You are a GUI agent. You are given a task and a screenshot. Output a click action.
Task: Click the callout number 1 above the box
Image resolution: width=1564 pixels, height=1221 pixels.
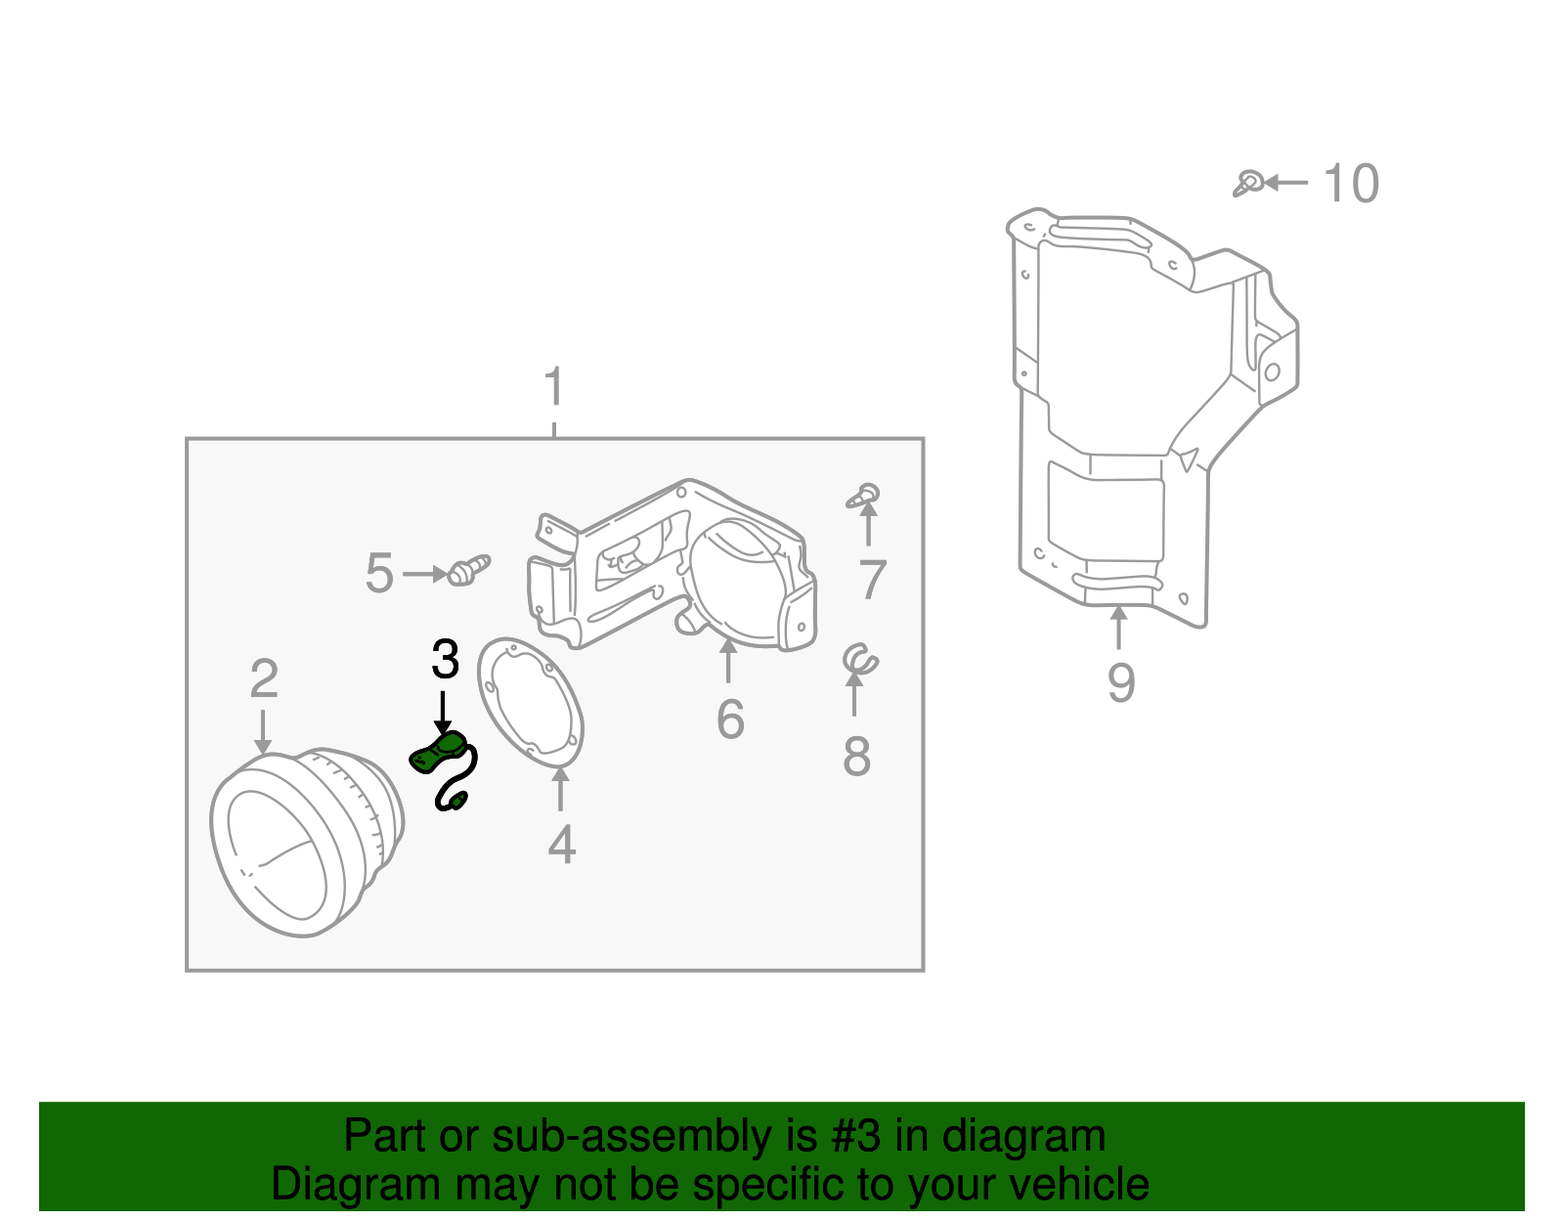554,387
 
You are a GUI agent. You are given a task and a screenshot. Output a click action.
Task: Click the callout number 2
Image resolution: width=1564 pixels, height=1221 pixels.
264,679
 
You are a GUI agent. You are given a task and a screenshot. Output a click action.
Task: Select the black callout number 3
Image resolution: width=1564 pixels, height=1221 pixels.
445,660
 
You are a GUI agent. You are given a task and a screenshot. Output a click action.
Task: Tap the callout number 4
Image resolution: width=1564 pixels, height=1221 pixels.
561,845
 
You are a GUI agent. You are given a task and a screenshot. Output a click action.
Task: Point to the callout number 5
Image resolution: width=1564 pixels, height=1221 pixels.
379,574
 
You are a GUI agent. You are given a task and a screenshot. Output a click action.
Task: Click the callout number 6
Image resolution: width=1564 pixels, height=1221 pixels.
729,720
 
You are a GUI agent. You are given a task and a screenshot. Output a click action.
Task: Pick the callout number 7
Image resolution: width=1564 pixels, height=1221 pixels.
872,580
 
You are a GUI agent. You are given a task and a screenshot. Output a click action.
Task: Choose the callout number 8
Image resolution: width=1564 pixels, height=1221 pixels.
856,757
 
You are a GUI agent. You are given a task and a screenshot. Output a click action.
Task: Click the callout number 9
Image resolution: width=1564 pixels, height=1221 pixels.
1121,682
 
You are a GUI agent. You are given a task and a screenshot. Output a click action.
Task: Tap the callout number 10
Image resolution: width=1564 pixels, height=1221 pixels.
1351,184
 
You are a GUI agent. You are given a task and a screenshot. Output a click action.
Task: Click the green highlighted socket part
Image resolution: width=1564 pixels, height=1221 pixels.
438,754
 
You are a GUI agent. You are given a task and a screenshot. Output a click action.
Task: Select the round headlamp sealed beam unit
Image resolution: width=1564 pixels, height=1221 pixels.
303,841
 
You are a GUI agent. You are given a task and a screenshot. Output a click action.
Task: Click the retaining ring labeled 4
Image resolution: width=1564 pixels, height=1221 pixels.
531,702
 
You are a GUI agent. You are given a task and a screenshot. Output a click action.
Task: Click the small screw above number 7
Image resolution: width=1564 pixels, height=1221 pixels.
864,496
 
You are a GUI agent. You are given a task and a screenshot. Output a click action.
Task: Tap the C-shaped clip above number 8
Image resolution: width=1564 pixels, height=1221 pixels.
860,660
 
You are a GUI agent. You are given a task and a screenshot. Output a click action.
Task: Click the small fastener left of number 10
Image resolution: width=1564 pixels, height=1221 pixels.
1247,183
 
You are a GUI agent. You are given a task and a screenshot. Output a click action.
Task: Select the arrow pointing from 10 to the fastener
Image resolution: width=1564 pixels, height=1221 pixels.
1288,183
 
